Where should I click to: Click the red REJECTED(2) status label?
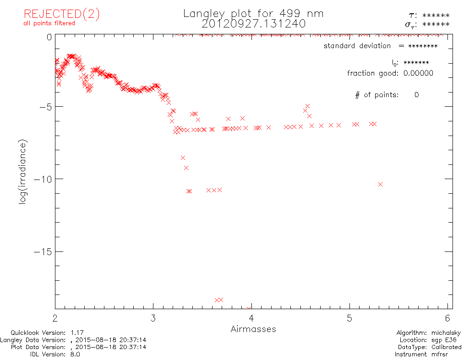point(61,14)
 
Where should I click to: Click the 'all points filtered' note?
point(49,23)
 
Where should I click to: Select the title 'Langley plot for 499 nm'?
point(253,14)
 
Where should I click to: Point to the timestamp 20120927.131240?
point(253,23)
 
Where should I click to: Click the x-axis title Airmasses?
point(253,329)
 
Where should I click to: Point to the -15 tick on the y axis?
point(42,251)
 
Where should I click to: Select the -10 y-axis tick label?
point(42,179)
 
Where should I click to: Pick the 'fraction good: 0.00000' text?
point(390,73)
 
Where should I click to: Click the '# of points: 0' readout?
point(387,95)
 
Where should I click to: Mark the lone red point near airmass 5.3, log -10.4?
point(380,184)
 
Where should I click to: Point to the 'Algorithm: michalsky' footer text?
point(429,333)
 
